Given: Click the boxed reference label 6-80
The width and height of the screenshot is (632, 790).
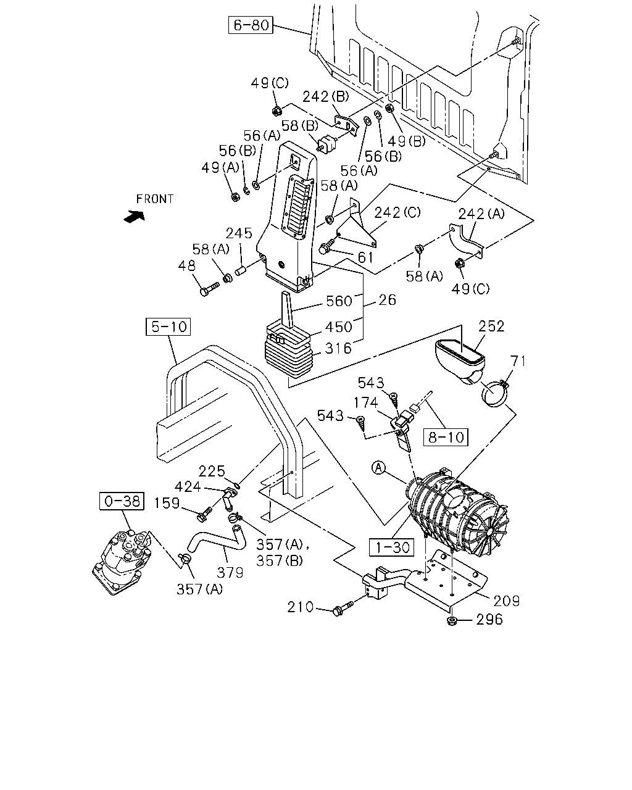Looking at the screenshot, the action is (x=251, y=25).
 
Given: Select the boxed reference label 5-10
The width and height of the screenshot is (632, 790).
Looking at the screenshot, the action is (x=168, y=326).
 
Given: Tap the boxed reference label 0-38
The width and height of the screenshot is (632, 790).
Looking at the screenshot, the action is (x=122, y=501).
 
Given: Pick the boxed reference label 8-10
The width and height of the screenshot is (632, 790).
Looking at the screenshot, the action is (x=446, y=437).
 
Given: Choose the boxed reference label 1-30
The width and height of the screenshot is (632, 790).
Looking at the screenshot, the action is (x=391, y=547).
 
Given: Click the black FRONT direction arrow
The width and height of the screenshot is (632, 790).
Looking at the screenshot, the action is (x=135, y=217).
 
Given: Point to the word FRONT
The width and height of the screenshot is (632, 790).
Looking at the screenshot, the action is (x=154, y=199).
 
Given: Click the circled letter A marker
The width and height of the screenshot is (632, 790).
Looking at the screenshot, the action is (x=378, y=468).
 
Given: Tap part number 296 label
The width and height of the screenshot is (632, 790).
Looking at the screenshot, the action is (x=489, y=620).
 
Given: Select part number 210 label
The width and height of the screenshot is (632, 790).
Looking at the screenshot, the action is (x=301, y=607).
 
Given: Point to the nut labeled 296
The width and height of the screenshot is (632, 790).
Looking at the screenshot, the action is (x=452, y=621).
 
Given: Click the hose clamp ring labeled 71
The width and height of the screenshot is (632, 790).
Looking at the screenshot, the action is (x=494, y=394).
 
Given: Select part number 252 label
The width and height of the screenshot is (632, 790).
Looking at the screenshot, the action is (x=491, y=326).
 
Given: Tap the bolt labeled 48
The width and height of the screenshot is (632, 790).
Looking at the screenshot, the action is (x=209, y=289).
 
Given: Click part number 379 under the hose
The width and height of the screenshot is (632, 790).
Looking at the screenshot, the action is (x=230, y=572).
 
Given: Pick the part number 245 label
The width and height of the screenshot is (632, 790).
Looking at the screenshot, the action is (x=239, y=233).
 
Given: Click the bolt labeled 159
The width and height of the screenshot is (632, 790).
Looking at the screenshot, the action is (x=204, y=514).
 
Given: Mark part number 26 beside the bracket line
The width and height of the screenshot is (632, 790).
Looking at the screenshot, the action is (x=388, y=300).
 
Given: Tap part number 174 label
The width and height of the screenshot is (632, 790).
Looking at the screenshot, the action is (x=365, y=402).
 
